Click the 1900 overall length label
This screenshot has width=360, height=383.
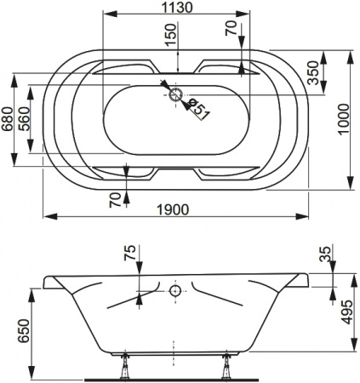click(x=173, y=210)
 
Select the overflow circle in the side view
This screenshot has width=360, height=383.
click(x=175, y=291)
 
